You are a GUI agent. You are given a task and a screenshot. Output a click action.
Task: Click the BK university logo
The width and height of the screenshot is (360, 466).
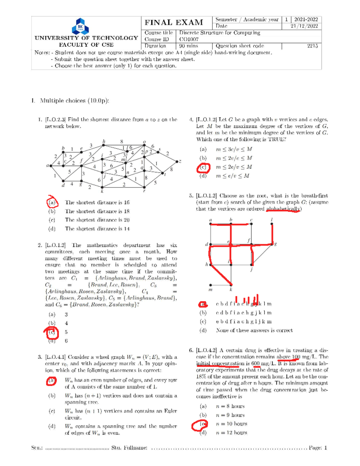tap(80, 26)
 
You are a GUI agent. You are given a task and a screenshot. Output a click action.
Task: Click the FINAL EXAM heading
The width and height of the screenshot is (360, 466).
tap(174, 23)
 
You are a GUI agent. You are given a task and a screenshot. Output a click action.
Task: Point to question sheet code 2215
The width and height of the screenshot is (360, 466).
tap(312, 46)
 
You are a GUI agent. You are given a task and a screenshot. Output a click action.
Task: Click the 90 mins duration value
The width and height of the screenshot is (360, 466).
tap(188, 46)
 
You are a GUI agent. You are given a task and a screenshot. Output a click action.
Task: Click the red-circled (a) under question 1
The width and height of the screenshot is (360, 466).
tap(52, 202)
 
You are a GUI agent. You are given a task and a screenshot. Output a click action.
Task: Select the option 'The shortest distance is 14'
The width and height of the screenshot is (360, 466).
tap(97, 229)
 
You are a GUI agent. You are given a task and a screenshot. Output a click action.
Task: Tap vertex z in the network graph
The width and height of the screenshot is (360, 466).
tap(177, 161)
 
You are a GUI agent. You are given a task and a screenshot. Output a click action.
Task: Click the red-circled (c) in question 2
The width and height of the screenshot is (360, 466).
tap(52, 332)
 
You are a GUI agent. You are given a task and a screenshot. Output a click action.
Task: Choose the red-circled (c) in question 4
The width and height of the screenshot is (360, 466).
tap(203, 167)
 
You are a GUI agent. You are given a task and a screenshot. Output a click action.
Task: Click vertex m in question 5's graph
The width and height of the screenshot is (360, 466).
tap(211, 285)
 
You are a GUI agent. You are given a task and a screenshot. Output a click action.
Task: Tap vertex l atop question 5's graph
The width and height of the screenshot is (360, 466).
tap(272, 223)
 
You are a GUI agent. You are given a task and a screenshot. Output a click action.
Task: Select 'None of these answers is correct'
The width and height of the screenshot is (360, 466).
tap(254, 330)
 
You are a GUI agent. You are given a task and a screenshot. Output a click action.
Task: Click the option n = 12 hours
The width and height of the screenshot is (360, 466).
tap(231, 433)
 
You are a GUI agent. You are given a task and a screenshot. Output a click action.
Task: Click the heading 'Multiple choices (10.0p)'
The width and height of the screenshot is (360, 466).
tap(74, 101)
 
